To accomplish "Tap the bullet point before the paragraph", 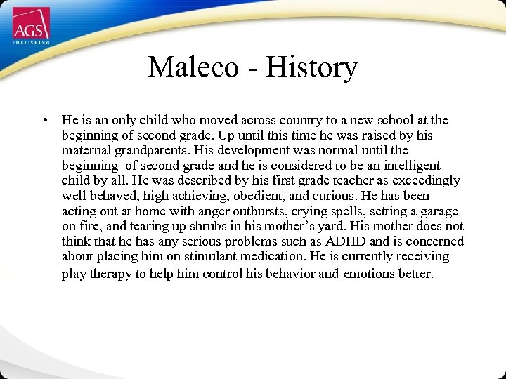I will coord(45,121).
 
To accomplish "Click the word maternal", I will coord(84,151).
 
